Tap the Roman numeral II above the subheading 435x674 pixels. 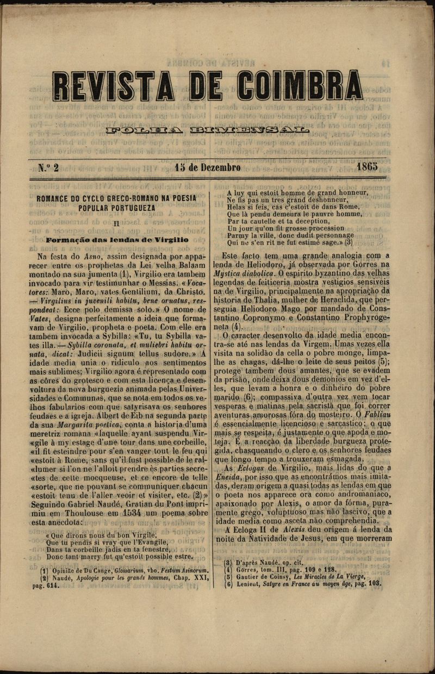116,223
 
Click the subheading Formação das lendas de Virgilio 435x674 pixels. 117,240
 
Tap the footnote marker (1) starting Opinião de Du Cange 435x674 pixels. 45,571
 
